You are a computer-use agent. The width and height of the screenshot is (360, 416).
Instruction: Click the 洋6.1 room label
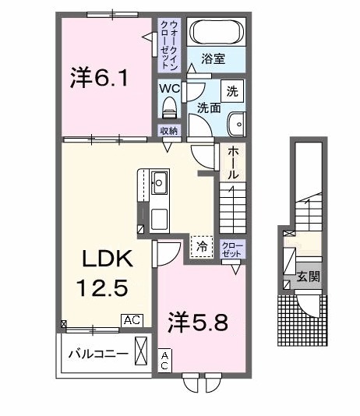[98, 79]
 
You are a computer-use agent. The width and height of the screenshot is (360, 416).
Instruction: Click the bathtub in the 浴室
[217, 33]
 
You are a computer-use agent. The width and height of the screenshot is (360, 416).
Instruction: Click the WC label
[171, 88]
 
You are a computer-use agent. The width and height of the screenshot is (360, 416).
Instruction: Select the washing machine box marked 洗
[232, 90]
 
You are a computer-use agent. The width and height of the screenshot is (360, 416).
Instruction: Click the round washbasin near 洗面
[235, 122]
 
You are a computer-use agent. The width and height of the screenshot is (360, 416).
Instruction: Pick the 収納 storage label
[170, 131]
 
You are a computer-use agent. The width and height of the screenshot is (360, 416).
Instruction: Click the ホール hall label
[233, 164]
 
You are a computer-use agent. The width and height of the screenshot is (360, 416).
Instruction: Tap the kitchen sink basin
[159, 184]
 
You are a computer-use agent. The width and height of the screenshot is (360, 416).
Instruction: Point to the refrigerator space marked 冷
[202, 246]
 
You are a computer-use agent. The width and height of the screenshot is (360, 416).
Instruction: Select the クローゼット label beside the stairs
[232, 249]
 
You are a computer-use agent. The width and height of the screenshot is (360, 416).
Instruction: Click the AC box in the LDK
[131, 319]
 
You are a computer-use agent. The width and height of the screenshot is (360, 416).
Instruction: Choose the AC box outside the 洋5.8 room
[165, 360]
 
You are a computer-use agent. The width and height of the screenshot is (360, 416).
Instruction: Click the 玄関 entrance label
[309, 277]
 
